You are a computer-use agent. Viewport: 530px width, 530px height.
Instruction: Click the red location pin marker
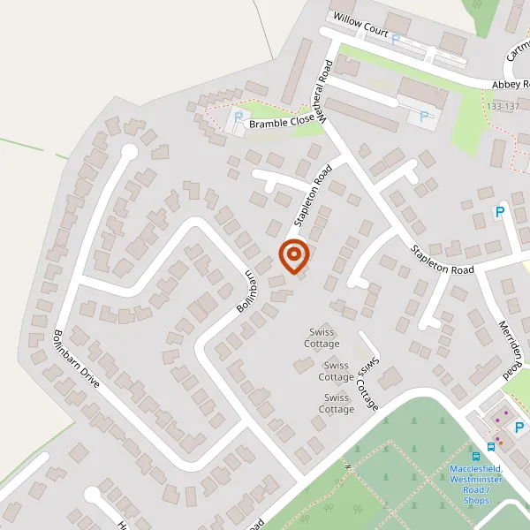[293, 256]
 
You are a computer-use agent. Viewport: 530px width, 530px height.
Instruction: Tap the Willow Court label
[359, 25]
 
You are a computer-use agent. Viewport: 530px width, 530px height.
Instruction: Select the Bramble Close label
[281, 124]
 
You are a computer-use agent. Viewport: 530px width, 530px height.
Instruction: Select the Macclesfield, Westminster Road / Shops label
[475, 484]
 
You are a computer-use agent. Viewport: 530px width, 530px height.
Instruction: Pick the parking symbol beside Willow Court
[396, 40]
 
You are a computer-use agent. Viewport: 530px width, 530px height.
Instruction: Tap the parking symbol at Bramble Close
[237, 116]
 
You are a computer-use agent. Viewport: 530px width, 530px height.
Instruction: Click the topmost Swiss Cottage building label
[322, 337]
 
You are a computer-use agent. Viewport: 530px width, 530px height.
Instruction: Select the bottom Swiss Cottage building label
[336, 403]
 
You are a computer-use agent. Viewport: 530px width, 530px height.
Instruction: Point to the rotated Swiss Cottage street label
[367, 383]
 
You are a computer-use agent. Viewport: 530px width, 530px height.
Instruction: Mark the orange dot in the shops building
[506, 413]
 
